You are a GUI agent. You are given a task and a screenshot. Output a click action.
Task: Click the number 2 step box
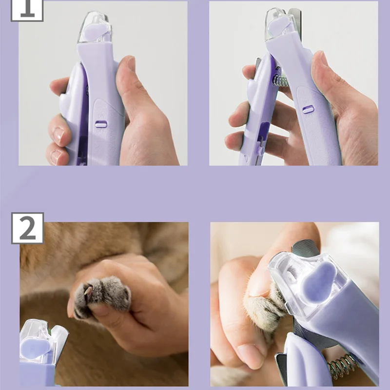(x=27, y=228)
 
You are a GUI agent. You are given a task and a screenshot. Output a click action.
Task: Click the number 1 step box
(x=27, y=10)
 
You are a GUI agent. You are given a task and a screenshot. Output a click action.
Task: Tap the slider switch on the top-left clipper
(x=101, y=124)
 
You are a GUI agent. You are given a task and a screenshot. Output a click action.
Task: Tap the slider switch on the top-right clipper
(x=308, y=109)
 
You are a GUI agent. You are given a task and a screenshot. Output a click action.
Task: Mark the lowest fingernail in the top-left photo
(x=57, y=156)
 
